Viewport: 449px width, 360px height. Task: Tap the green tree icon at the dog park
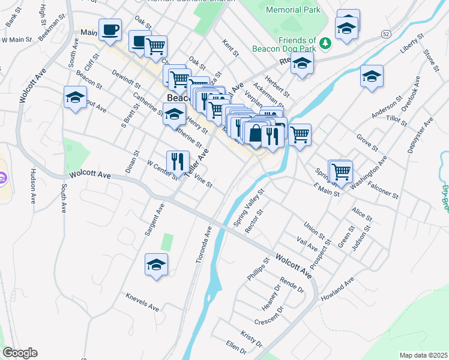click(x=325, y=43)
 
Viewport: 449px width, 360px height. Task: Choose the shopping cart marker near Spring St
click(x=341, y=171)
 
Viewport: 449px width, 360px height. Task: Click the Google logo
click(x=20, y=353)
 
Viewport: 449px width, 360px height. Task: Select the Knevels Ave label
click(x=142, y=302)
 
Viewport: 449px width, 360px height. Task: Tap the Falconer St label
click(x=383, y=190)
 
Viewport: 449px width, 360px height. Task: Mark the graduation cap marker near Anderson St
click(x=372, y=77)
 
